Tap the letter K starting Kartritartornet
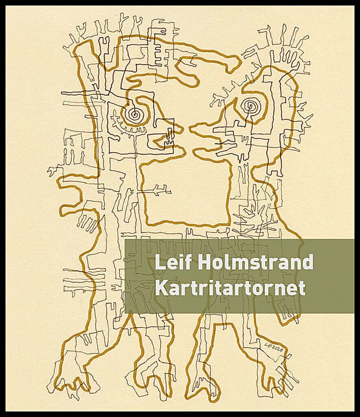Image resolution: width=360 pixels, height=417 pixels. [160, 288]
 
